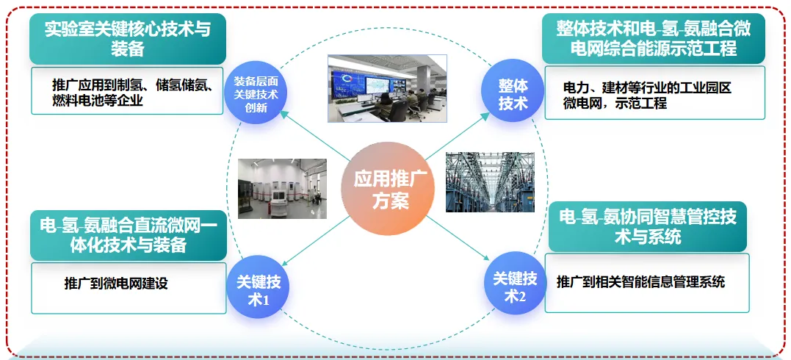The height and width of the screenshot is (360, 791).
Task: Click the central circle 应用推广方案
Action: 388,188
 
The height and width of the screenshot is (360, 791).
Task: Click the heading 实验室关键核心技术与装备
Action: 128,39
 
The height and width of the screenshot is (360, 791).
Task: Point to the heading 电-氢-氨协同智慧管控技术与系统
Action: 648,226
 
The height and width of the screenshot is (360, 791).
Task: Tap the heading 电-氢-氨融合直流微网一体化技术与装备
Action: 128,235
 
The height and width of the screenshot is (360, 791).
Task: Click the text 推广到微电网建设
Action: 116,284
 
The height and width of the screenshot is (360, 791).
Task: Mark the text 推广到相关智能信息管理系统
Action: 640,281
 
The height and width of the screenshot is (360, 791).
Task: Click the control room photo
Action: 388,88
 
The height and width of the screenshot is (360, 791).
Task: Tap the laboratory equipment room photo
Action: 283,189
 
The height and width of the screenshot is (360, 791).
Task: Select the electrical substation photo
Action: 490,181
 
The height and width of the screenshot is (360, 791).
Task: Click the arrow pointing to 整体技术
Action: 458,135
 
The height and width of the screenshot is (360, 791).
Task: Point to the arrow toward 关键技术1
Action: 314,240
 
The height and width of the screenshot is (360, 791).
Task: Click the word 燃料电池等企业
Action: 98,101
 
